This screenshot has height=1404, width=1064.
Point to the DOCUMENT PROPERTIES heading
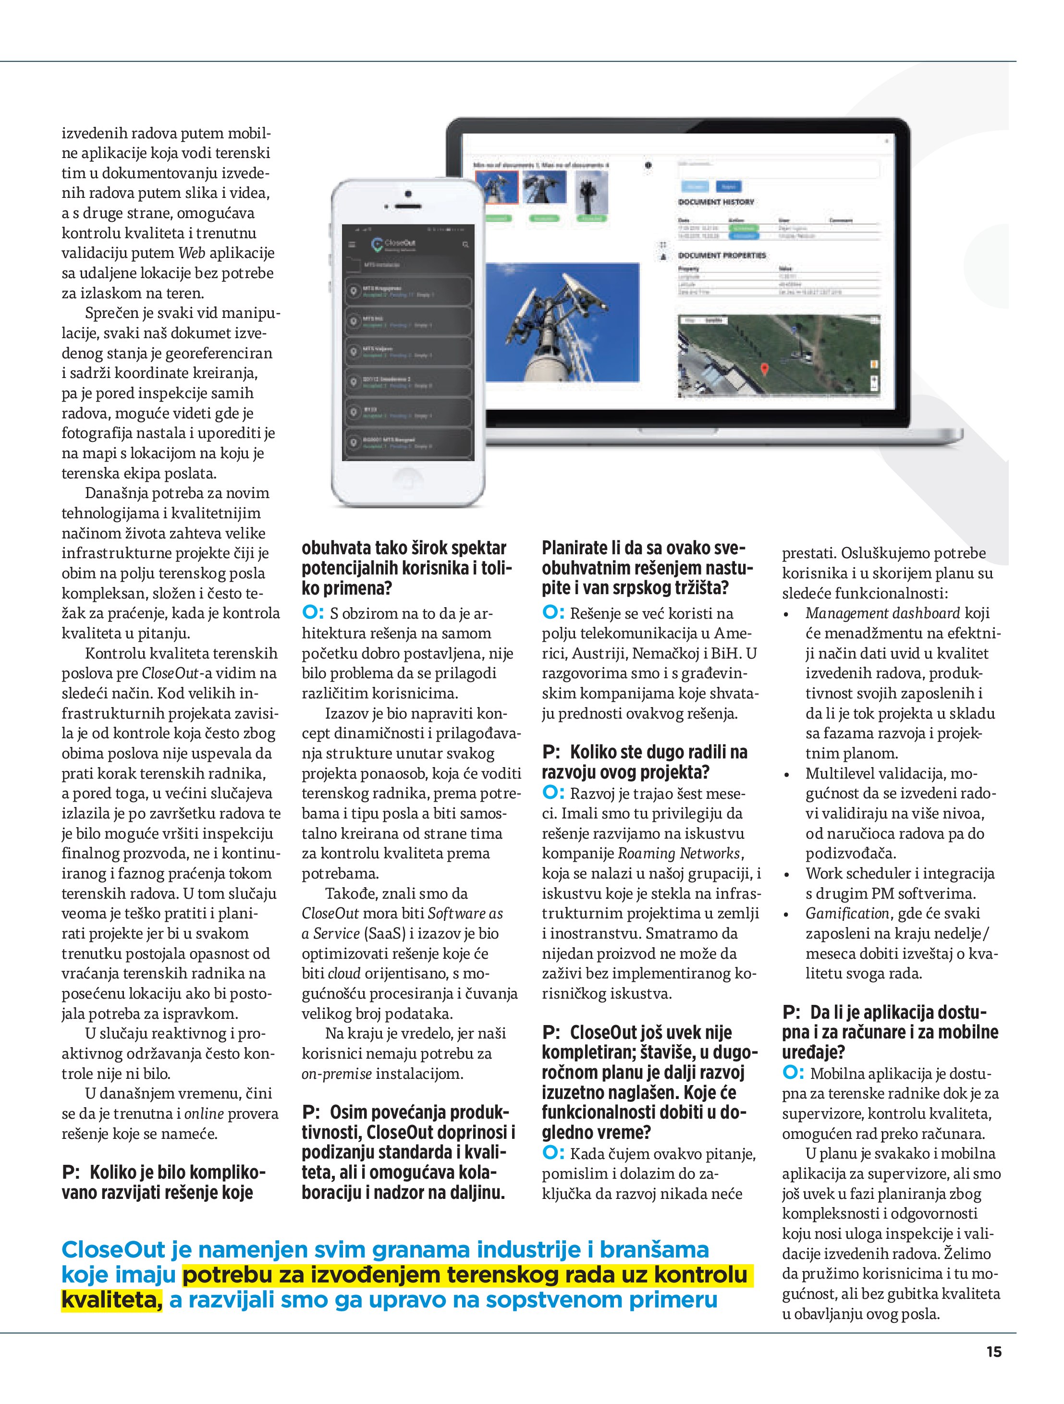[x=722, y=255]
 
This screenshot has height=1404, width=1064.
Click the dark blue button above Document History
[x=728, y=186]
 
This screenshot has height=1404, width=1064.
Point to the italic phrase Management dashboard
[x=882, y=613]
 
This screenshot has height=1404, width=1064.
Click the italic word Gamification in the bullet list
[x=847, y=914]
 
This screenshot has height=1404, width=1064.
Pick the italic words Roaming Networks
[x=679, y=853]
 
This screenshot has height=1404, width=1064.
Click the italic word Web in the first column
[x=192, y=253]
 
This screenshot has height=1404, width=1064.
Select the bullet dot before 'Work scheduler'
[x=786, y=875]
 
